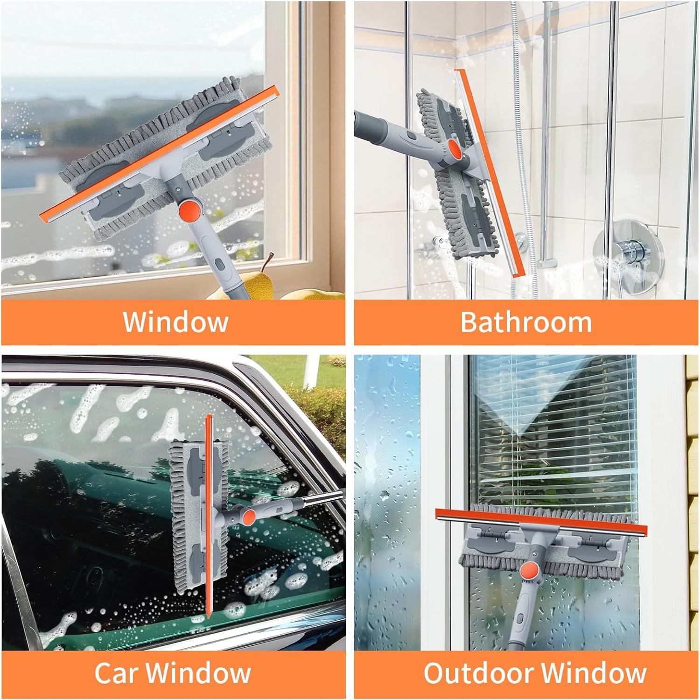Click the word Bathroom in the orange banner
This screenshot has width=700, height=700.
(526, 322)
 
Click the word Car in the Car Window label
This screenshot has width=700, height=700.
(118, 672)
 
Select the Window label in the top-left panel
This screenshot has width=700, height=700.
(175, 322)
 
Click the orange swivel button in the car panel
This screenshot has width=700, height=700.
(248, 516)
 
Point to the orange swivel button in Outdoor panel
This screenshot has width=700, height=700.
(529, 571)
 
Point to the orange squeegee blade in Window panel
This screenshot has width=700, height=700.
(159, 152)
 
